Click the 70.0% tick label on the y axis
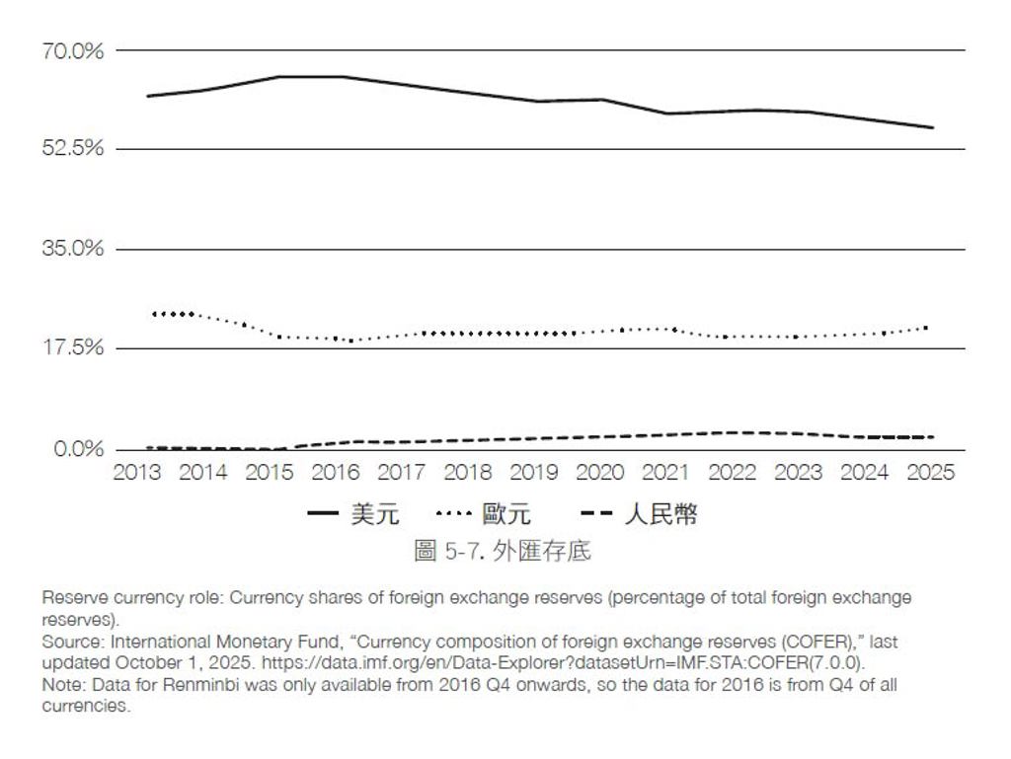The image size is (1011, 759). tap(73, 51)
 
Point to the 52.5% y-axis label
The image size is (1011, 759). tap(73, 148)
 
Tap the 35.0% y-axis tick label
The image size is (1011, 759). tap(73, 248)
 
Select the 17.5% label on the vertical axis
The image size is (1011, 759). tap(73, 348)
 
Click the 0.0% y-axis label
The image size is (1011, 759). tap(79, 448)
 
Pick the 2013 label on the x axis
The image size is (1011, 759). tap(136, 473)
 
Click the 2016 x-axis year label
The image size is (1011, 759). tap(336, 473)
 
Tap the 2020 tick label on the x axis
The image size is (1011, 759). tap(599, 473)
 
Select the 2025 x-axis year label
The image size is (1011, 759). tap(930, 473)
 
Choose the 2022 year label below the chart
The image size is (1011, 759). tap(732, 473)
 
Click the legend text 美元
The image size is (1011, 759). tap(375, 514)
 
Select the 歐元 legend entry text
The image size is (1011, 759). tap(506, 514)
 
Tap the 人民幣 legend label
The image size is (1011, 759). tap(661, 514)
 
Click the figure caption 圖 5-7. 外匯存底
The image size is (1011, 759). tap(503, 551)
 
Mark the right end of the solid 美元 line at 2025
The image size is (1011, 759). tap(933, 127)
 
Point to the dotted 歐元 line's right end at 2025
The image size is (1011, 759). tap(926, 328)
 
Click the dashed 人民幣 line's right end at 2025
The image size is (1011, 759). tap(933, 437)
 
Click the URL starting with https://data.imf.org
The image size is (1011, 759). tap(563, 663)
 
